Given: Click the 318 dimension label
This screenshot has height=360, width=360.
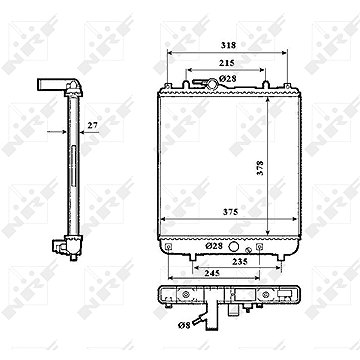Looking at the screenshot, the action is coord(228,45).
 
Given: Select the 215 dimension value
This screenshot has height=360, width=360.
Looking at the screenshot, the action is coord(227,63).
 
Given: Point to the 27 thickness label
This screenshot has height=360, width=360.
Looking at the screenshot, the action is coord(92,125).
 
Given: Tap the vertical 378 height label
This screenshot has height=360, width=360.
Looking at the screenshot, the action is coord(260,168).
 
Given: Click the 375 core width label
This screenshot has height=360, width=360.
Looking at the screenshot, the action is coord(231,212).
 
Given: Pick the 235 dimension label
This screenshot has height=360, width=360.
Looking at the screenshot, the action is coord(240,262).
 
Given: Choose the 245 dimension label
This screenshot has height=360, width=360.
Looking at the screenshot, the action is coord(212,273).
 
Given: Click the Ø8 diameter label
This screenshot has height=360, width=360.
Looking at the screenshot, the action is coord(184,325).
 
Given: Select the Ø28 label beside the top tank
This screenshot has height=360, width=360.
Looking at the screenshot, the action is coord(228,79).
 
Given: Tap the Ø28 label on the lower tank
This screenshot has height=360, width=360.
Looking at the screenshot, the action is coord(215,246).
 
